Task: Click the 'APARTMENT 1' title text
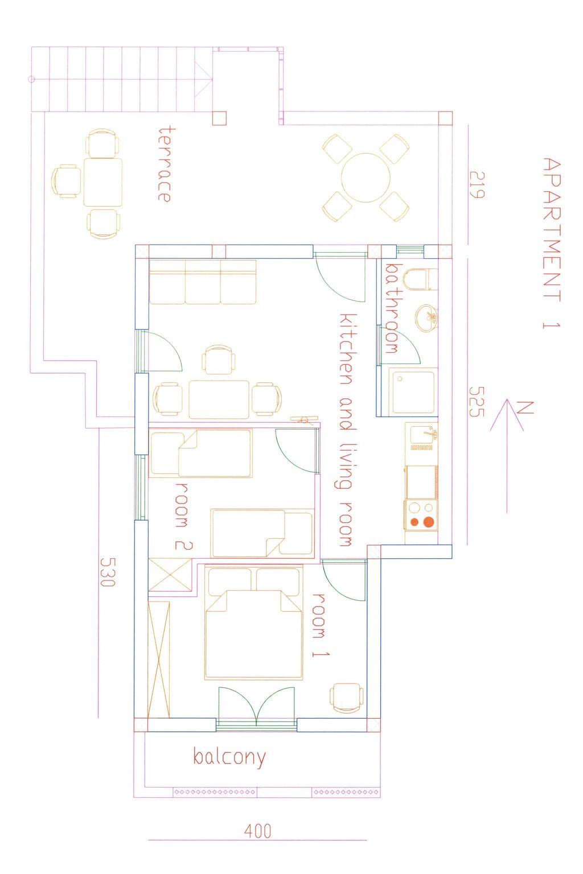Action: (x=552, y=244)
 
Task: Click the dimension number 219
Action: (x=477, y=185)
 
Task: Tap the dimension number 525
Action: (x=477, y=402)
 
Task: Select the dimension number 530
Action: (x=108, y=572)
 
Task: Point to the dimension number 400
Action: (x=258, y=831)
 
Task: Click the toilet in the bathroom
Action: (x=420, y=279)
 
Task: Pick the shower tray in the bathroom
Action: (x=413, y=393)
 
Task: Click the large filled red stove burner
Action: (x=429, y=522)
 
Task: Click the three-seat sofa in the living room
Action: (x=203, y=282)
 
